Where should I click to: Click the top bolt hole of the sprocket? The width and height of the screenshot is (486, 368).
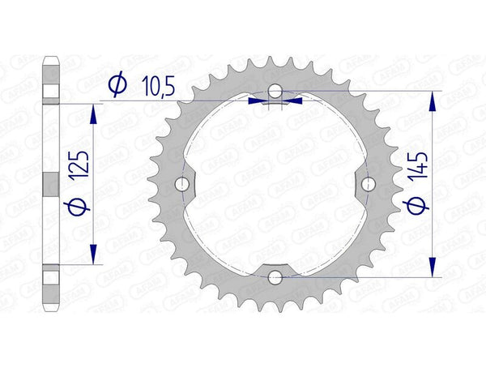click(275, 90)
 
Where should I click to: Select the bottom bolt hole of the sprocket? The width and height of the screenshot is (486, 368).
click(275, 278)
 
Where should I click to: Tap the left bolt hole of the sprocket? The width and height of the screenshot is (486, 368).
click(181, 184)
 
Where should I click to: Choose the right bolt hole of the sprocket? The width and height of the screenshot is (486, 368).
click(369, 184)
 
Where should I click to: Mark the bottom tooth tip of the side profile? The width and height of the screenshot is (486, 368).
click(50, 309)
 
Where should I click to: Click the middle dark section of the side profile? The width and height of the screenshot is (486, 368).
click(50, 184)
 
